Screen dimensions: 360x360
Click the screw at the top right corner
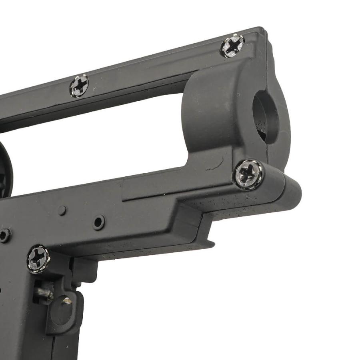click(232, 45)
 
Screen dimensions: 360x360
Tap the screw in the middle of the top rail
click(79, 85)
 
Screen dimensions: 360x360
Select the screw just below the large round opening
click(248, 174)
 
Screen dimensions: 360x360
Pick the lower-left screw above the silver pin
click(38, 259)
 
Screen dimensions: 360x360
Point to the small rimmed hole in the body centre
click(98, 222)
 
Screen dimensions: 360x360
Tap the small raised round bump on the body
click(62, 210)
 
